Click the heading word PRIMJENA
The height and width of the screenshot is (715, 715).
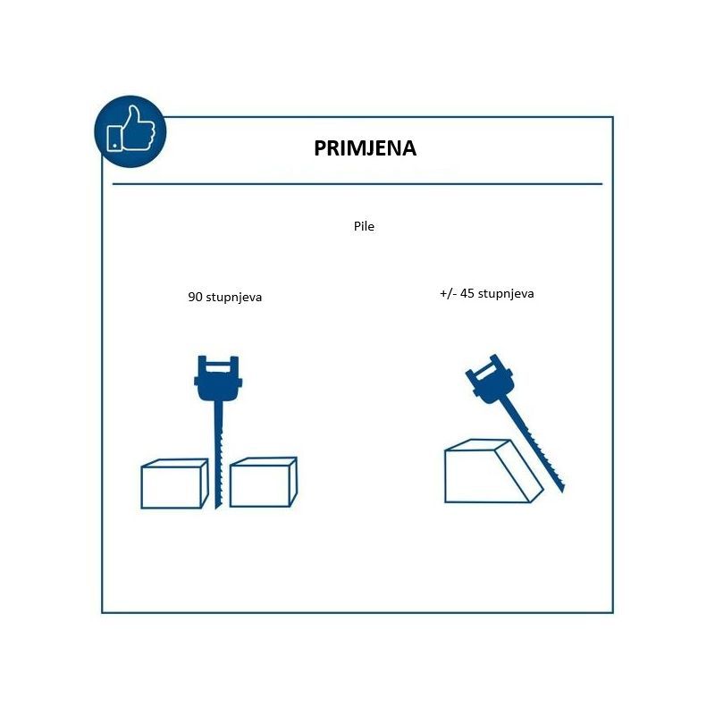[365, 148]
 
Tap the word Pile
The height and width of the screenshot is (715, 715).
[364, 226]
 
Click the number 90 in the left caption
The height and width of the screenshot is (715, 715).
[195, 297]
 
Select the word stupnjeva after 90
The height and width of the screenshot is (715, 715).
[234, 298]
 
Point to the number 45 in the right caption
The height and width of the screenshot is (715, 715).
[467, 293]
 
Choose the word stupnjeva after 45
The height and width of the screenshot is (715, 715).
[506, 294]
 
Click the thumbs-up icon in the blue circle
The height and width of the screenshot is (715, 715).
[130, 129]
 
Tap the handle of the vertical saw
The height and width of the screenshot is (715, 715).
[218, 377]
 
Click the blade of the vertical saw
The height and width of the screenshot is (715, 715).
[218, 455]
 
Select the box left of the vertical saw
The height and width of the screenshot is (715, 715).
[174, 484]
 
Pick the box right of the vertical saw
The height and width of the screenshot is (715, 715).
[264, 483]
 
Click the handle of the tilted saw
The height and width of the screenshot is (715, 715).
[490, 379]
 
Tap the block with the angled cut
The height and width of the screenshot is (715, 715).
[494, 472]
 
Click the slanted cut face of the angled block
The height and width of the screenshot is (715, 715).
[519, 471]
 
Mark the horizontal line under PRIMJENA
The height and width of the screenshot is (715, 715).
[357, 184]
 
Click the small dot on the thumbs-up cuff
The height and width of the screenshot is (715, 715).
[114, 146]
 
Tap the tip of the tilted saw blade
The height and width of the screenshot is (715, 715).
[564, 492]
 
